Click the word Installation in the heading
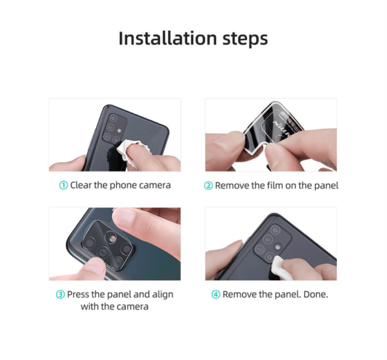coord(168,38)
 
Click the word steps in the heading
coord(245,39)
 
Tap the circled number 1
coord(63,185)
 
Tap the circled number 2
coord(208,186)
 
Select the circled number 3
coord(60,294)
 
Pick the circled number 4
coord(215,294)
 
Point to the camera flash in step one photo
coord(119,130)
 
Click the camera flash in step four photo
coord(278,247)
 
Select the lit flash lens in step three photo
coord(112,238)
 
